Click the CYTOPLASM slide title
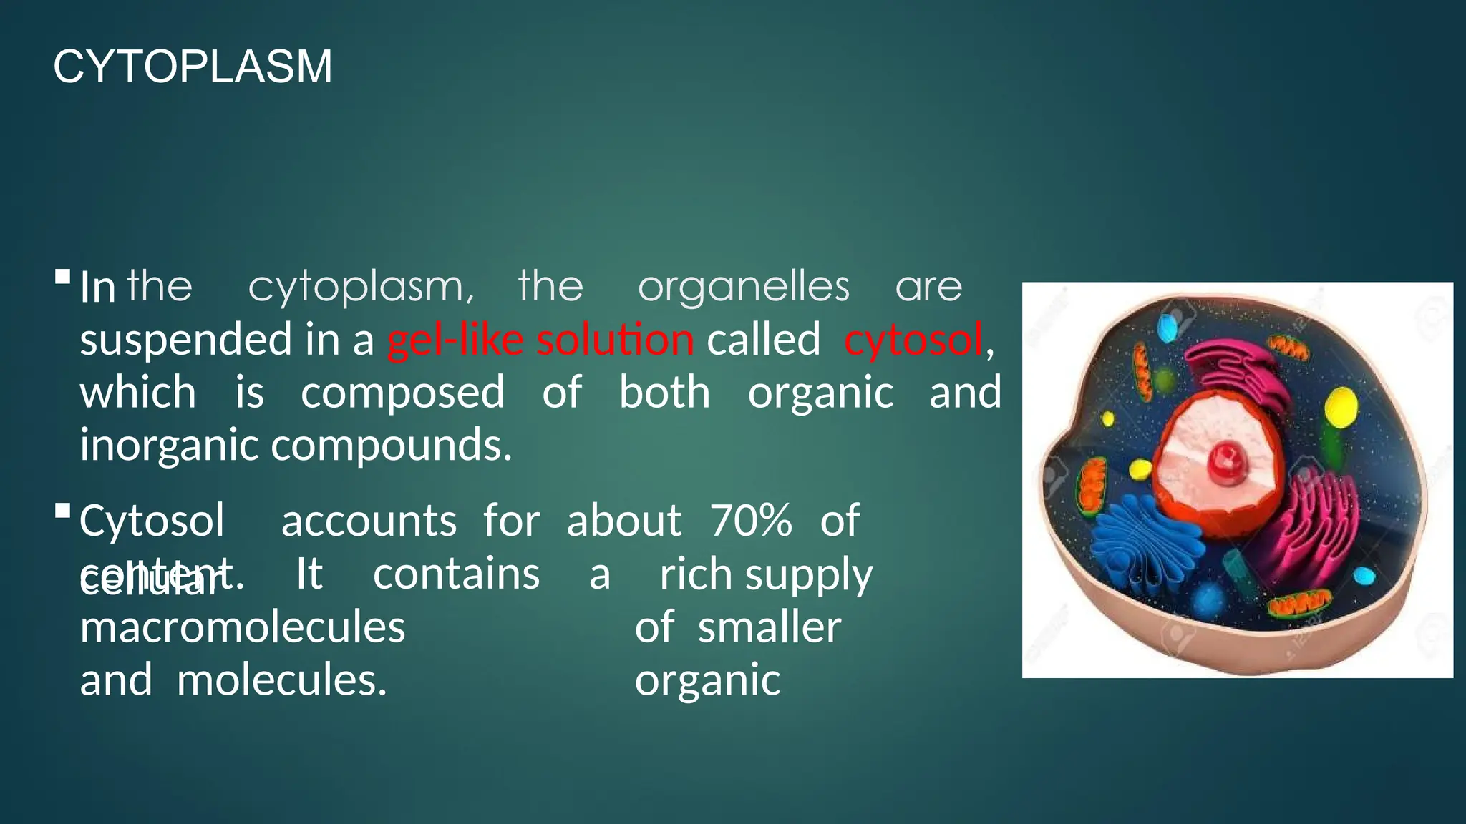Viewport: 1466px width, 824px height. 193,67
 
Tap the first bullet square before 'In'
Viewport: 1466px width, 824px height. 62,277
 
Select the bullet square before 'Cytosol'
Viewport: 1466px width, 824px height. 62,511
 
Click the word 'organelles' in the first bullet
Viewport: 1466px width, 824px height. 743,287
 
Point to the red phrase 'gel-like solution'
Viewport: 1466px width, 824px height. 540,339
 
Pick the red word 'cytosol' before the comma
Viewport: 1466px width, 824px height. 913,339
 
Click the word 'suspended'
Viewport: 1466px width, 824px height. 185,339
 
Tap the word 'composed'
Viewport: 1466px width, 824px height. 402,393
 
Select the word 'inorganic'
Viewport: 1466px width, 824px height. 169,445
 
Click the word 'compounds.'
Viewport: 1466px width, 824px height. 392,445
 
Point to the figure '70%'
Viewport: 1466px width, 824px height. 752,520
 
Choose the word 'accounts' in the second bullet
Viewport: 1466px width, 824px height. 369,520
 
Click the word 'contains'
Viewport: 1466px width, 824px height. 456,574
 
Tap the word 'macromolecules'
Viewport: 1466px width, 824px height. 243,627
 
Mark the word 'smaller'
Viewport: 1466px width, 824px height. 770,627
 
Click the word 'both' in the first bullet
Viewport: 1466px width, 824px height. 664,393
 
